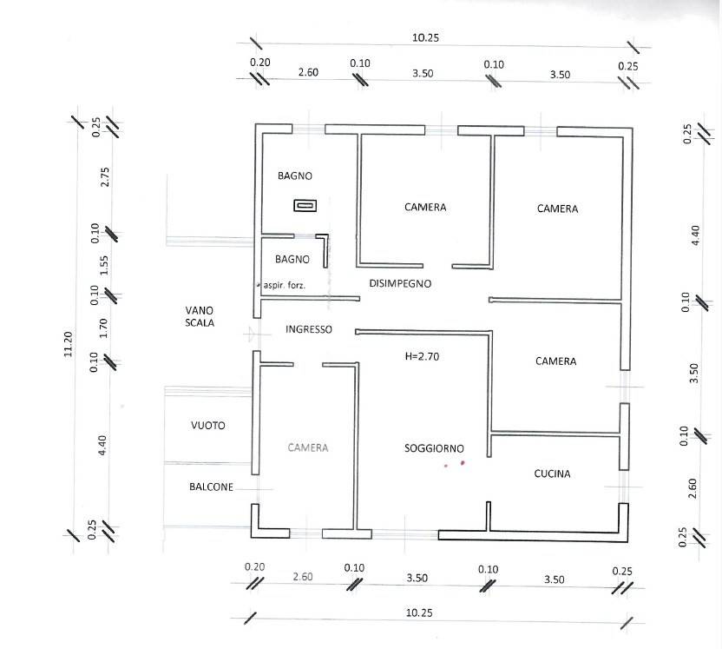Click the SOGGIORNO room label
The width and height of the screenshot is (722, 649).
tap(434, 448)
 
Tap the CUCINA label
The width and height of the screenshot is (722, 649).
tap(552, 474)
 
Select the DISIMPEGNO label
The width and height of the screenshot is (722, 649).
tap(400, 283)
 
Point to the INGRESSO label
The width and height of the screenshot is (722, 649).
tap(309, 330)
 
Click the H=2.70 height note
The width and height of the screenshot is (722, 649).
tap(423, 356)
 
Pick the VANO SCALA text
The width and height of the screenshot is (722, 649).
tap(200, 316)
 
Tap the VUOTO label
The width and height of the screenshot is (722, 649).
tap(208, 426)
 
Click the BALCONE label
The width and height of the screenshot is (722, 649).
tap(211, 487)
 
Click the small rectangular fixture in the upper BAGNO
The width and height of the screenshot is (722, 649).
tap(305, 206)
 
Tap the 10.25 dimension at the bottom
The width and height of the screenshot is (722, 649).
tap(419, 613)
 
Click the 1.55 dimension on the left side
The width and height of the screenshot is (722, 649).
tap(104, 265)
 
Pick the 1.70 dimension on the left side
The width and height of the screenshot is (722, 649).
tap(104, 328)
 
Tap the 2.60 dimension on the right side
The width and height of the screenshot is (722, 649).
tap(692, 487)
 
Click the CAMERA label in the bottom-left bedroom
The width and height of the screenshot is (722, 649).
tap(308, 447)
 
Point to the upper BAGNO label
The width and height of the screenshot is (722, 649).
tap(295, 176)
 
